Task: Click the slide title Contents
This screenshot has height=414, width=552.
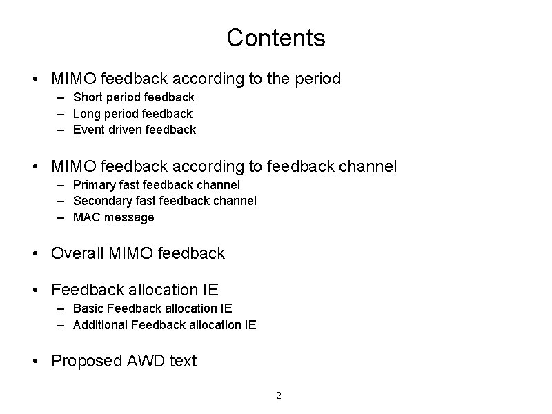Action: (x=275, y=38)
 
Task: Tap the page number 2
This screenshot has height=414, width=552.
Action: (x=279, y=395)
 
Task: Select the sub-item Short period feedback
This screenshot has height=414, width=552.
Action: (x=134, y=97)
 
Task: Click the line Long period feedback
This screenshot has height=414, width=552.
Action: (x=132, y=113)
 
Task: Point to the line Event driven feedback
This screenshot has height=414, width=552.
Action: (x=134, y=129)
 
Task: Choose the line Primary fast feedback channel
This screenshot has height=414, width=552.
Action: (x=157, y=184)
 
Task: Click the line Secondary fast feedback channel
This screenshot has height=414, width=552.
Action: (x=164, y=200)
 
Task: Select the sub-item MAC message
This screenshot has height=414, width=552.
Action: (x=114, y=217)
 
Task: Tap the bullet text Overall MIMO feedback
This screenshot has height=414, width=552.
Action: (x=138, y=253)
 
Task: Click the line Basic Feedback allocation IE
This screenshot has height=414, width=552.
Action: (x=152, y=308)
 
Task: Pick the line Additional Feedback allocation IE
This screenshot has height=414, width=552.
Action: (x=164, y=324)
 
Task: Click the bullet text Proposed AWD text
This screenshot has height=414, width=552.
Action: (x=124, y=361)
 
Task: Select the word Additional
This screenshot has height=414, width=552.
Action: (x=99, y=324)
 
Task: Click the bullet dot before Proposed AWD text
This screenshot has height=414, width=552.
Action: (x=35, y=361)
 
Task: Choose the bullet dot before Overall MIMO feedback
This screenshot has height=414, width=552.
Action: (x=35, y=253)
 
